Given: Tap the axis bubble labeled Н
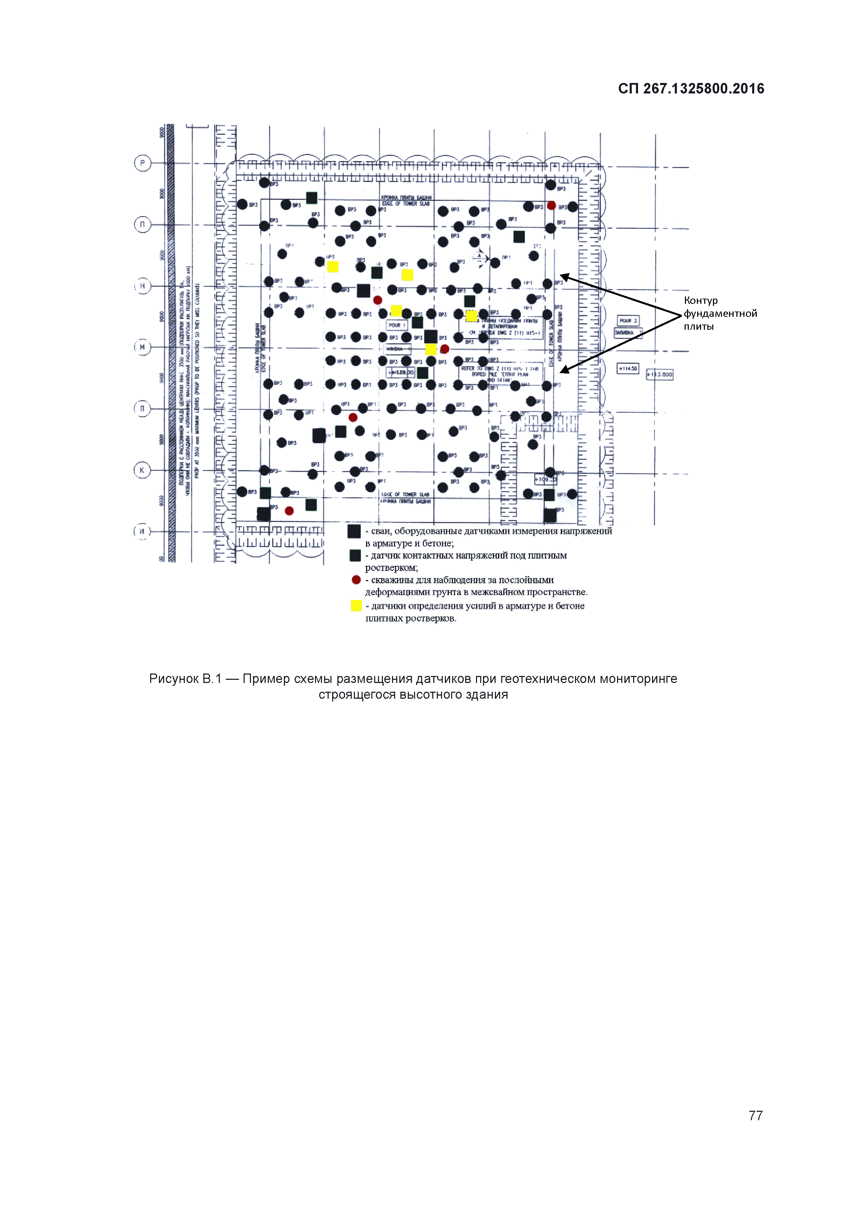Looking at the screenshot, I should [142, 286].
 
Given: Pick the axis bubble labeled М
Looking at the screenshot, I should [142, 347].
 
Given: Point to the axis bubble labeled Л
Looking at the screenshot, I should [142, 409].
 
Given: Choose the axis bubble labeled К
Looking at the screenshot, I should [142, 470].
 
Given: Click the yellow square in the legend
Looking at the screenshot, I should [356, 606].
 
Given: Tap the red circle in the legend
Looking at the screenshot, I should [356, 580].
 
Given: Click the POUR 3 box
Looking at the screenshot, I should [628, 321].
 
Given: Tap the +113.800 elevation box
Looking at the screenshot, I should [660, 375].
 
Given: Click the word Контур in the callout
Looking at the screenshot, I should [701, 301].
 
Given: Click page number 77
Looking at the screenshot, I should [755, 1115].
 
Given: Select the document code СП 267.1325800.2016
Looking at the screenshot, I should [691, 89].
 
